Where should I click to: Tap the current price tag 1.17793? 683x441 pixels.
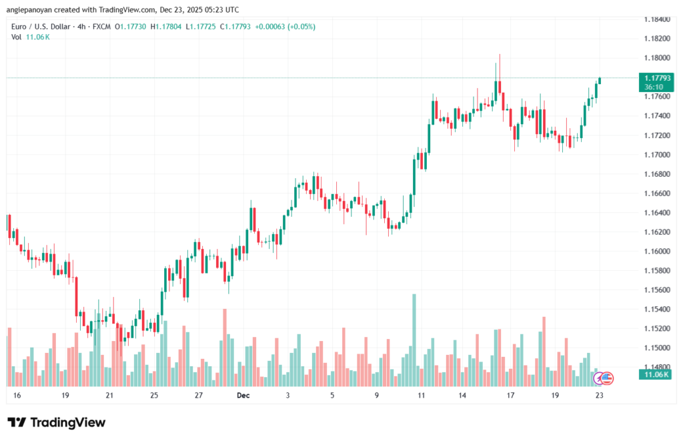pyautogui.click(x=653, y=78)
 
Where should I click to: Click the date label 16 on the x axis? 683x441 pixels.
pyautogui.click(x=17, y=396)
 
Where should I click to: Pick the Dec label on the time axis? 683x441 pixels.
pyautogui.click(x=243, y=396)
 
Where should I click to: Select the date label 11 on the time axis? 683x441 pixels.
pyautogui.click(x=422, y=396)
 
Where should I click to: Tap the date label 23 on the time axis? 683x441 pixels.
pyautogui.click(x=599, y=396)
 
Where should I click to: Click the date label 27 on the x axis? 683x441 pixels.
pyautogui.click(x=198, y=396)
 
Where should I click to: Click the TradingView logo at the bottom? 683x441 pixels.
pyautogui.click(x=57, y=422)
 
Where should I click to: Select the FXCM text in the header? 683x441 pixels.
pyautogui.click(x=101, y=27)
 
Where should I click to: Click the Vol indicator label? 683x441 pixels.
pyautogui.click(x=17, y=37)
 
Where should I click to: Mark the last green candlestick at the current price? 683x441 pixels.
pyautogui.click(x=600, y=80)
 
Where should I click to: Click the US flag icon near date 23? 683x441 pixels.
pyautogui.click(x=606, y=378)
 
